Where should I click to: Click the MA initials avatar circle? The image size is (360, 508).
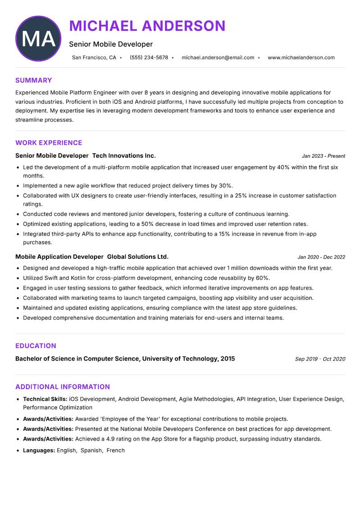38,39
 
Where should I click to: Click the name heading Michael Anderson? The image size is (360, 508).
147,26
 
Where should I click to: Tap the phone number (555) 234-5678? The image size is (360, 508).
149,58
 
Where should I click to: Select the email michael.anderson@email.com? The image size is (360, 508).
218,58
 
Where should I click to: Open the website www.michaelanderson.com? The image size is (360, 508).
301,58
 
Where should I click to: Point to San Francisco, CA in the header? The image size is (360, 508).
94,58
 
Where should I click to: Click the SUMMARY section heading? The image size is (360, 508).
34,80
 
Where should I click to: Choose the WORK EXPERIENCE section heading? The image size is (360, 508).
49,143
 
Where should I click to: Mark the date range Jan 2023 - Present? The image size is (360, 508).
323,156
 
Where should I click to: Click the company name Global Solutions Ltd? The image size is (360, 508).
138,257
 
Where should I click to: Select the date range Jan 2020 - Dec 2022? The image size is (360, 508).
321,257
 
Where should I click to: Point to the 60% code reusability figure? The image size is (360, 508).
263,278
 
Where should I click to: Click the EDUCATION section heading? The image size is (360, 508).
36,346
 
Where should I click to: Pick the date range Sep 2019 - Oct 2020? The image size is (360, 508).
320,359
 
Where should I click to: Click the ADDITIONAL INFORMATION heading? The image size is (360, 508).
63,387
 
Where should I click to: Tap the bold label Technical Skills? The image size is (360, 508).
45,399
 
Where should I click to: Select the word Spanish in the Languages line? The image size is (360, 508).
91,450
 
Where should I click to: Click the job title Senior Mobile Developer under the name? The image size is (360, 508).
111,44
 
